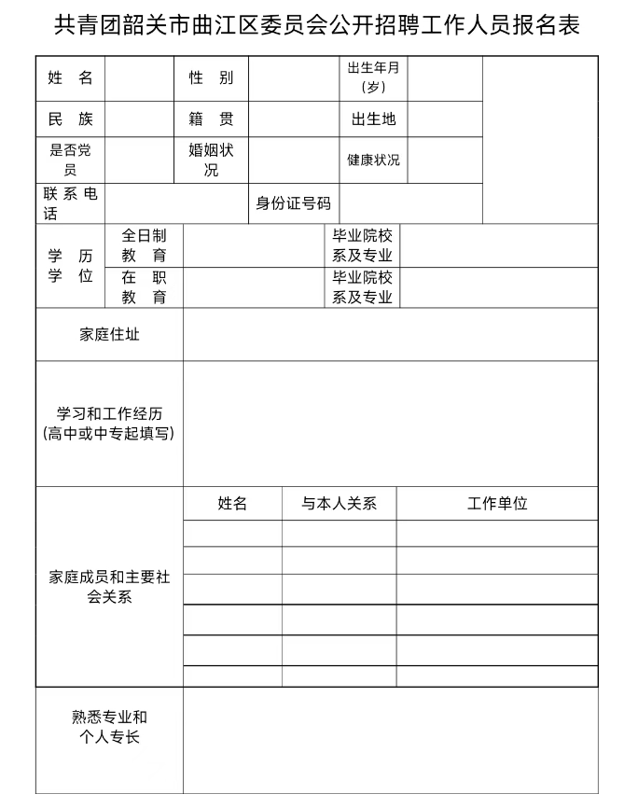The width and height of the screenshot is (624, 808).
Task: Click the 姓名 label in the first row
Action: point(71,78)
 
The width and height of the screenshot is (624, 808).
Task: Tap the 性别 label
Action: point(212,78)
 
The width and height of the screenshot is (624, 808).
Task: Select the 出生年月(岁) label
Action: point(373,78)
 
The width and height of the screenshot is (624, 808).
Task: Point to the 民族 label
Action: point(71,119)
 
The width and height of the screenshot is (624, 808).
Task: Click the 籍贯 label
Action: point(212,119)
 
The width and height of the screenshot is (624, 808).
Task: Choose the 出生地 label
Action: point(373,119)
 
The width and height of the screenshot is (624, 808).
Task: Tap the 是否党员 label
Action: point(71,160)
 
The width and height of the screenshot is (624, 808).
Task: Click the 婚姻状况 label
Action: point(212,160)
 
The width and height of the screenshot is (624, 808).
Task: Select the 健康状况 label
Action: point(373,160)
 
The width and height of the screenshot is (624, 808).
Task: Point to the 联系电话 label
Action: point(71,203)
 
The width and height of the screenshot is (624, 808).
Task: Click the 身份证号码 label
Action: point(293,203)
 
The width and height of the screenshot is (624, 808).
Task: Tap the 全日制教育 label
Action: point(145,245)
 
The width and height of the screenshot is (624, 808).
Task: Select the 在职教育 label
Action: point(145,287)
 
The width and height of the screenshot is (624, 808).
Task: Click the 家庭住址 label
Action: point(109,334)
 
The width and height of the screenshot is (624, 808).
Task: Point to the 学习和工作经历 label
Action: point(109,423)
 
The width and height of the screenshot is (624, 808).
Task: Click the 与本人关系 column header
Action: point(339,504)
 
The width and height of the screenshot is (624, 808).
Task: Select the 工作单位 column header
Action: point(497,504)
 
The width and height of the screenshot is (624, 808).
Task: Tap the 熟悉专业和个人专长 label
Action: point(109,727)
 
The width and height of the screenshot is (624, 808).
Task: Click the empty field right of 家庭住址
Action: point(390,334)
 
